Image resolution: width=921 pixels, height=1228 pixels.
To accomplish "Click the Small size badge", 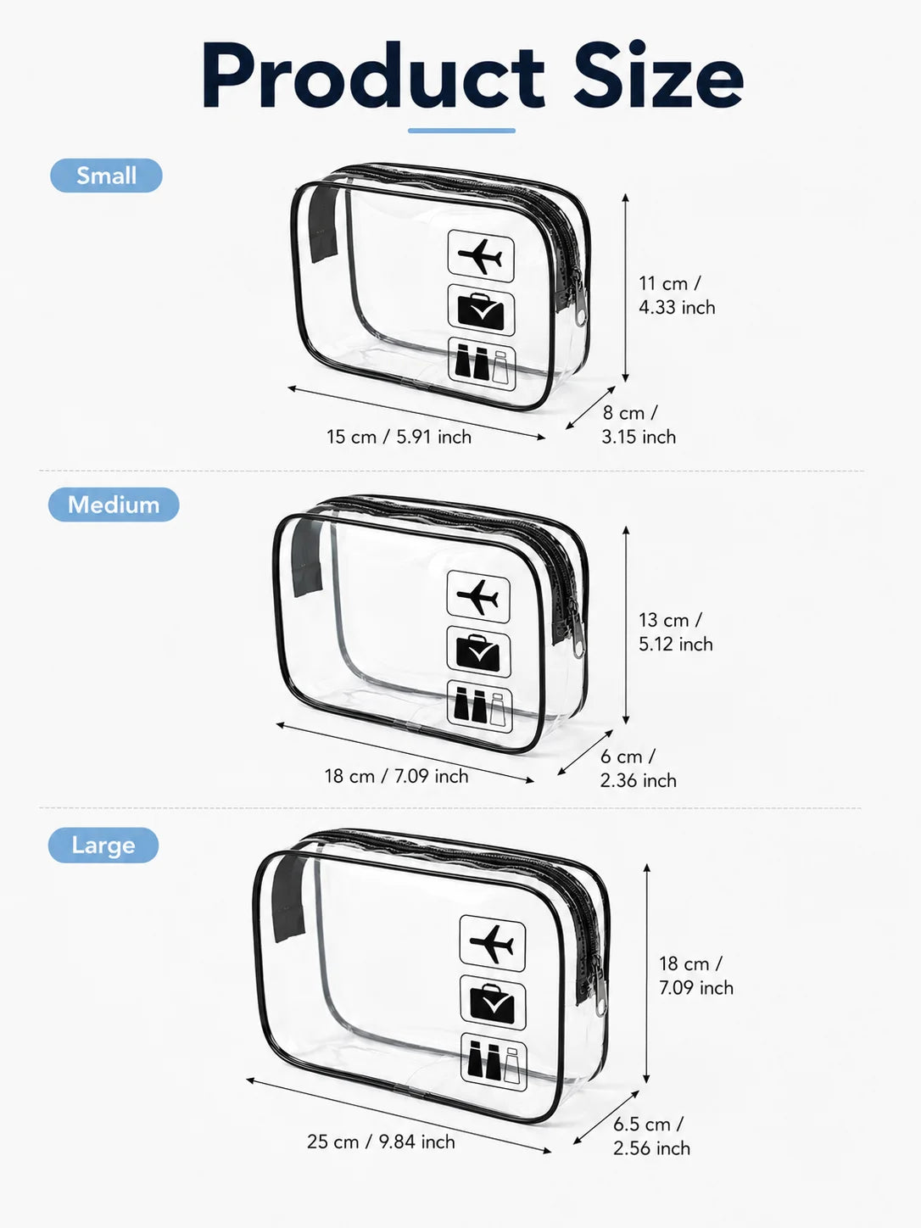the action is point(106,176).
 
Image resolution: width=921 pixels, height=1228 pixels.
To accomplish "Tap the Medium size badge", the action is point(114,505).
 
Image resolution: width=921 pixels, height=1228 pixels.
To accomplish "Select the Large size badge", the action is point(103,845).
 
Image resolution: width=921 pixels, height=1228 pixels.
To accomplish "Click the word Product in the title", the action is point(373,75).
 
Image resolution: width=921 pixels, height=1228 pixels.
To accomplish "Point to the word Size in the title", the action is point(659,75).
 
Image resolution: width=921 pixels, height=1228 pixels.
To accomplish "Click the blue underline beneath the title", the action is point(461,131).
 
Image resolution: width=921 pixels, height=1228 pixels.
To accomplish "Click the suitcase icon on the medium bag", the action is point(478,652).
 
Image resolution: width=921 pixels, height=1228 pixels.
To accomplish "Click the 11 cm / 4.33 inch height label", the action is point(678,295).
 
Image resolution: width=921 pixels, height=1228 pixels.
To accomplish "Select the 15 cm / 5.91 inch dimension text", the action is point(399,437).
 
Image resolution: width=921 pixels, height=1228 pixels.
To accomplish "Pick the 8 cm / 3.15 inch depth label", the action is point(639,425).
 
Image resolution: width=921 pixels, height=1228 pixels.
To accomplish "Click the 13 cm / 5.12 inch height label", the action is point(676,632).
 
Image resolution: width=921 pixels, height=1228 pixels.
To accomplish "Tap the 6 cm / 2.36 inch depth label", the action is point(638,768).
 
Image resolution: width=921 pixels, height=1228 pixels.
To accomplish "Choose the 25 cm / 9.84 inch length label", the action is point(381,1141).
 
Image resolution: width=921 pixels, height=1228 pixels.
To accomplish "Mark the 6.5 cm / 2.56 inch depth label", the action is point(651,1136).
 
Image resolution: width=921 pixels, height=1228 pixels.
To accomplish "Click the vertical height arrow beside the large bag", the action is point(646,974).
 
